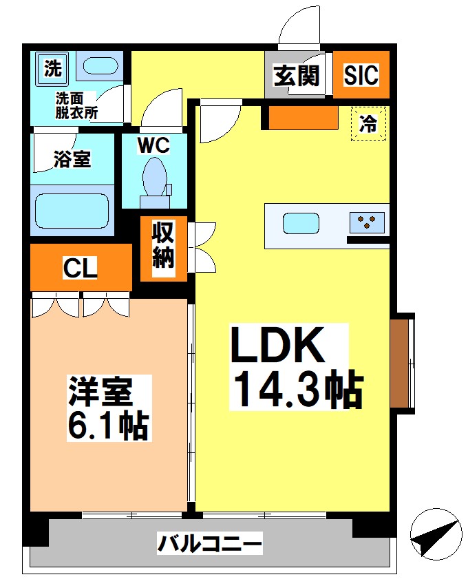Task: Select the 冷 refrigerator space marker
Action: coord(370,124)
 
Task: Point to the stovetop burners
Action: coord(366,222)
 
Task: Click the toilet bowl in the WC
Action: coord(154,178)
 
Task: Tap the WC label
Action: coord(153,145)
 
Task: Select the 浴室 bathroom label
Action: coord(72,159)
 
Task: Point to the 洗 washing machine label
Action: coord(52,67)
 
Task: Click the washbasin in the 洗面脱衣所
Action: coord(100,67)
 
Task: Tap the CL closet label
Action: coord(80,269)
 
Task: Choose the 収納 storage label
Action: coord(163,246)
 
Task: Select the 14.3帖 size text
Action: coord(297,390)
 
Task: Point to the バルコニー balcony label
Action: coord(209,545)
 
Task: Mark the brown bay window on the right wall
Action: coord(399,363)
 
